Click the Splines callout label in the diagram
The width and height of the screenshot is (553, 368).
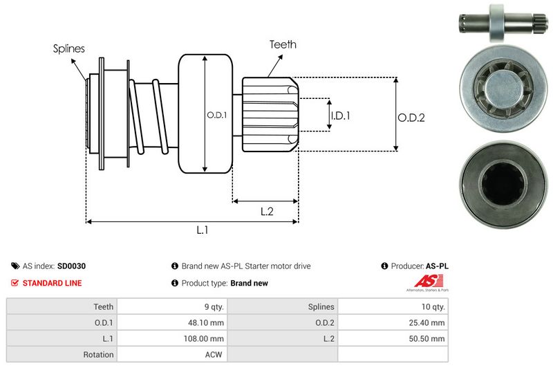coord(69,49)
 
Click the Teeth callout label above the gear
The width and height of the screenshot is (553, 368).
coord(283,44)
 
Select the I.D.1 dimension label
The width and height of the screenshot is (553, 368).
coord(339,116)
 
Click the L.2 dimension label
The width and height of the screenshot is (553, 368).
coord(268,212)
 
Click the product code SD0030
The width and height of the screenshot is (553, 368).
coord(71,266)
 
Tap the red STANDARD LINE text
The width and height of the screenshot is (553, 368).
coord(52,283)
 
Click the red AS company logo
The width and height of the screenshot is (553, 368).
coord(423,282)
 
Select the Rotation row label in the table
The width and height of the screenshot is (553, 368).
coord(98,354)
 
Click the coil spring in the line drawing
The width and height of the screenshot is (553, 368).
coord(149,114)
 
